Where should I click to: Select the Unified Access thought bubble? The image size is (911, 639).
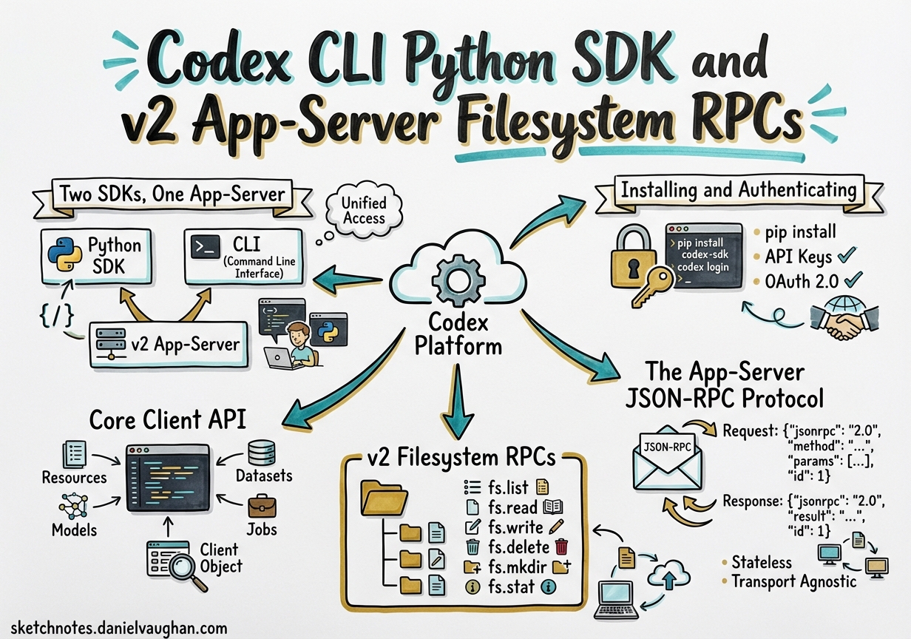363,211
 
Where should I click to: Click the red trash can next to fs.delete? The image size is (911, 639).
562,547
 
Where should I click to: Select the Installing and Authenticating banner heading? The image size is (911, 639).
738,191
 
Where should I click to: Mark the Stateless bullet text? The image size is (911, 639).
762,562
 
